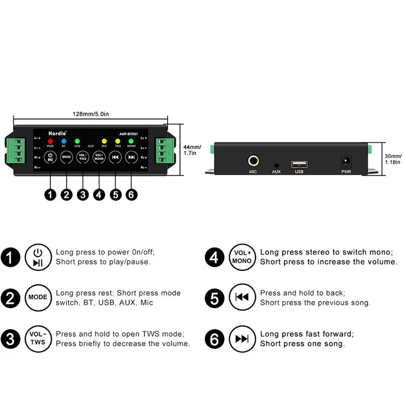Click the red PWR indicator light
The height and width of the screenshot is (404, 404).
tap(50, 141)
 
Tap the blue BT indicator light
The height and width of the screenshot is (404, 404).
tap(64, 141)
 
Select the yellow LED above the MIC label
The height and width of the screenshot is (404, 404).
tap(105, 141)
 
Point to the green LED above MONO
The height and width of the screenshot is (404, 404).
tap(131, 141)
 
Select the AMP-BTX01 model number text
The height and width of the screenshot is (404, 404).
tap(129, 133)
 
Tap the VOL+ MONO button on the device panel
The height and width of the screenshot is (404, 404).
tap(99, 157)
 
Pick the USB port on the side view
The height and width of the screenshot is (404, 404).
tap(298, 164)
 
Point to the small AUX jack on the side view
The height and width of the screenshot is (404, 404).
tap(276, 165)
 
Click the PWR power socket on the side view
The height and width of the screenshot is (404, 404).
tap(346, 162)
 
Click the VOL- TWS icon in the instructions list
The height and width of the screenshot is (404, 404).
tap(37, 338)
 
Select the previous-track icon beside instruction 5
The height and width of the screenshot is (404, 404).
tap(242, 297)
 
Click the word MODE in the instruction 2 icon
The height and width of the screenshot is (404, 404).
tap(37, 297)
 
